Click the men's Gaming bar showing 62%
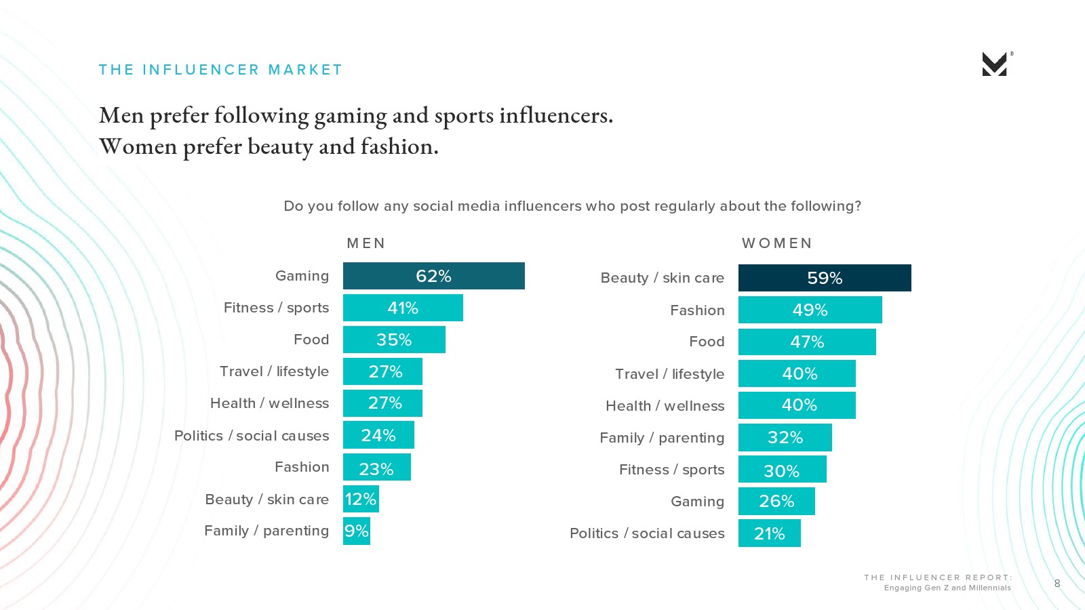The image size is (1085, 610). [433, 276]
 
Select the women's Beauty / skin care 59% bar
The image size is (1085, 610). [825, 278]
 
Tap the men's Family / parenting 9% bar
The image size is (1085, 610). [357, 531]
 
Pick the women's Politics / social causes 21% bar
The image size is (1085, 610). [770, 533]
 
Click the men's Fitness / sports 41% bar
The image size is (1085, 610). [403, 308]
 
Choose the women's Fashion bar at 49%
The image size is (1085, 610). [810, 310]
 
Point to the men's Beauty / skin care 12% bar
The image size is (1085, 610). [361, 500]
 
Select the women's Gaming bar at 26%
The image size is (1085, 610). [776, 502]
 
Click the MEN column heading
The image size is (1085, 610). [366, 243]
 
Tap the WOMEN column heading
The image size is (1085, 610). [776, 243]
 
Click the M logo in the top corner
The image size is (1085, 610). [995, 64]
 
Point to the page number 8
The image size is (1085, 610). [1057, 584]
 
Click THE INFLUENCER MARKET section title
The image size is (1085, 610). [220, 70]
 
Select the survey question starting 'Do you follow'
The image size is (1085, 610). [572, 206]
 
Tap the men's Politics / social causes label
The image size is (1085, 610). [252, 436]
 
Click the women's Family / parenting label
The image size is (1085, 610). [662, 438]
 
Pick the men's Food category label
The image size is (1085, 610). [311, 340]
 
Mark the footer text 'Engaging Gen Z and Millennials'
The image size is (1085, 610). [947, 588]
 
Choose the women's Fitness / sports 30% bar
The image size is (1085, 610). [782, 470]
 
